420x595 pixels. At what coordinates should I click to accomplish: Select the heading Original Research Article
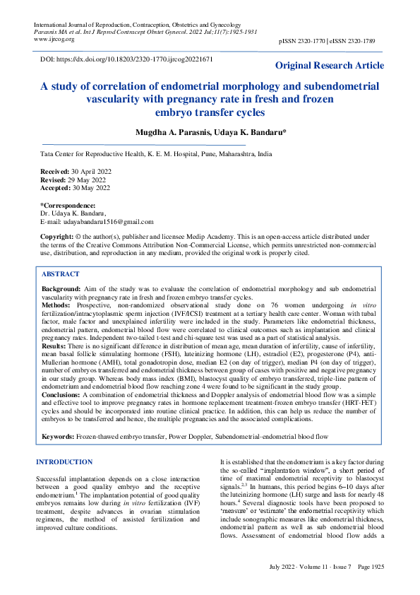(x=330, y=66)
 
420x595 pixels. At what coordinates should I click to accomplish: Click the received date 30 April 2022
(x=90, y=172)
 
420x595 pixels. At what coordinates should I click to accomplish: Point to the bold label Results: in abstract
(x=55, y=347)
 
